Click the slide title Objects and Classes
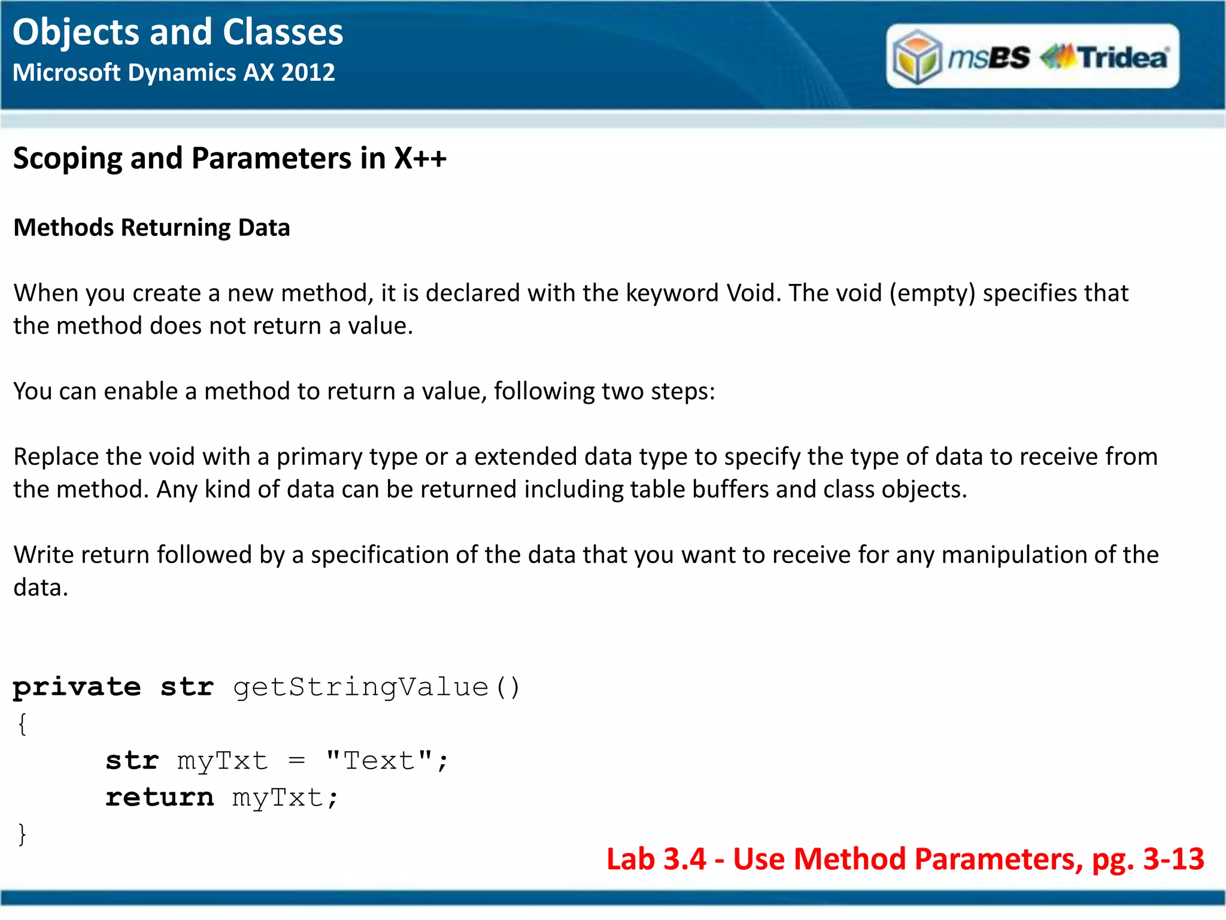(x=178, y=32)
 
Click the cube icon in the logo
(x=917, y=57)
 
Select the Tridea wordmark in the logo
(x=1123, y=57)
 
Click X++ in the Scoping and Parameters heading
(x=420, y=159)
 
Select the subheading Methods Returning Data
(x=151, y=228)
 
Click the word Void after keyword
(x=751, y=293)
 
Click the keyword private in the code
(x=77, y=688)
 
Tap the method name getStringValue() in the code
(x=377, y=688)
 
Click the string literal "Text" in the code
(x=380, y=761)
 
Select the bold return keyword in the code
(x=159, y=798)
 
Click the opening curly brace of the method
(x=22, y=724)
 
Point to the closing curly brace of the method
(x=22, y=834)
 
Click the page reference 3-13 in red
(x=1173, y=860)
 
